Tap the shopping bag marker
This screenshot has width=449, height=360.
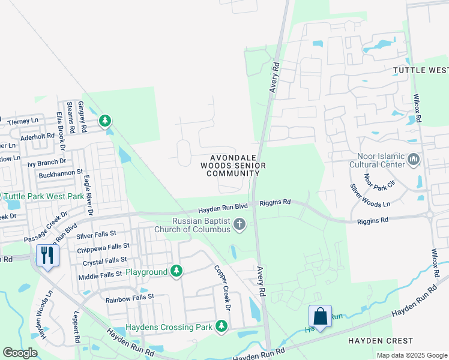pyautogui.click(x=320, y=316)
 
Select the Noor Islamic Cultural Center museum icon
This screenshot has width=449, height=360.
pyautogui.click(x=413, y=160)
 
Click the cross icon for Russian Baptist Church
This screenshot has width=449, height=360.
pyautogui.click(x=240, y=225)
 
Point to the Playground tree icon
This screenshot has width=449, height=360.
pyautogui.click(x=176, y=272)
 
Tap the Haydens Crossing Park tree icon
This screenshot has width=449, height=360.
pyautogui.click(x=221, y=326)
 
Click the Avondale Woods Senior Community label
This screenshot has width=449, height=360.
pyautogui.click(x=232, y=163)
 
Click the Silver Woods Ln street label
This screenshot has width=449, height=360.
pyautogui.click(x=370, y=194)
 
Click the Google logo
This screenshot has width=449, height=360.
pyautogui.click(x=20, y=352)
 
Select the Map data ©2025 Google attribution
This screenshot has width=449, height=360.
pyautogui.click(x=411, y=355)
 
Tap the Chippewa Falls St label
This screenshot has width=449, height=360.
pyautogui.click(x=103, y=247)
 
